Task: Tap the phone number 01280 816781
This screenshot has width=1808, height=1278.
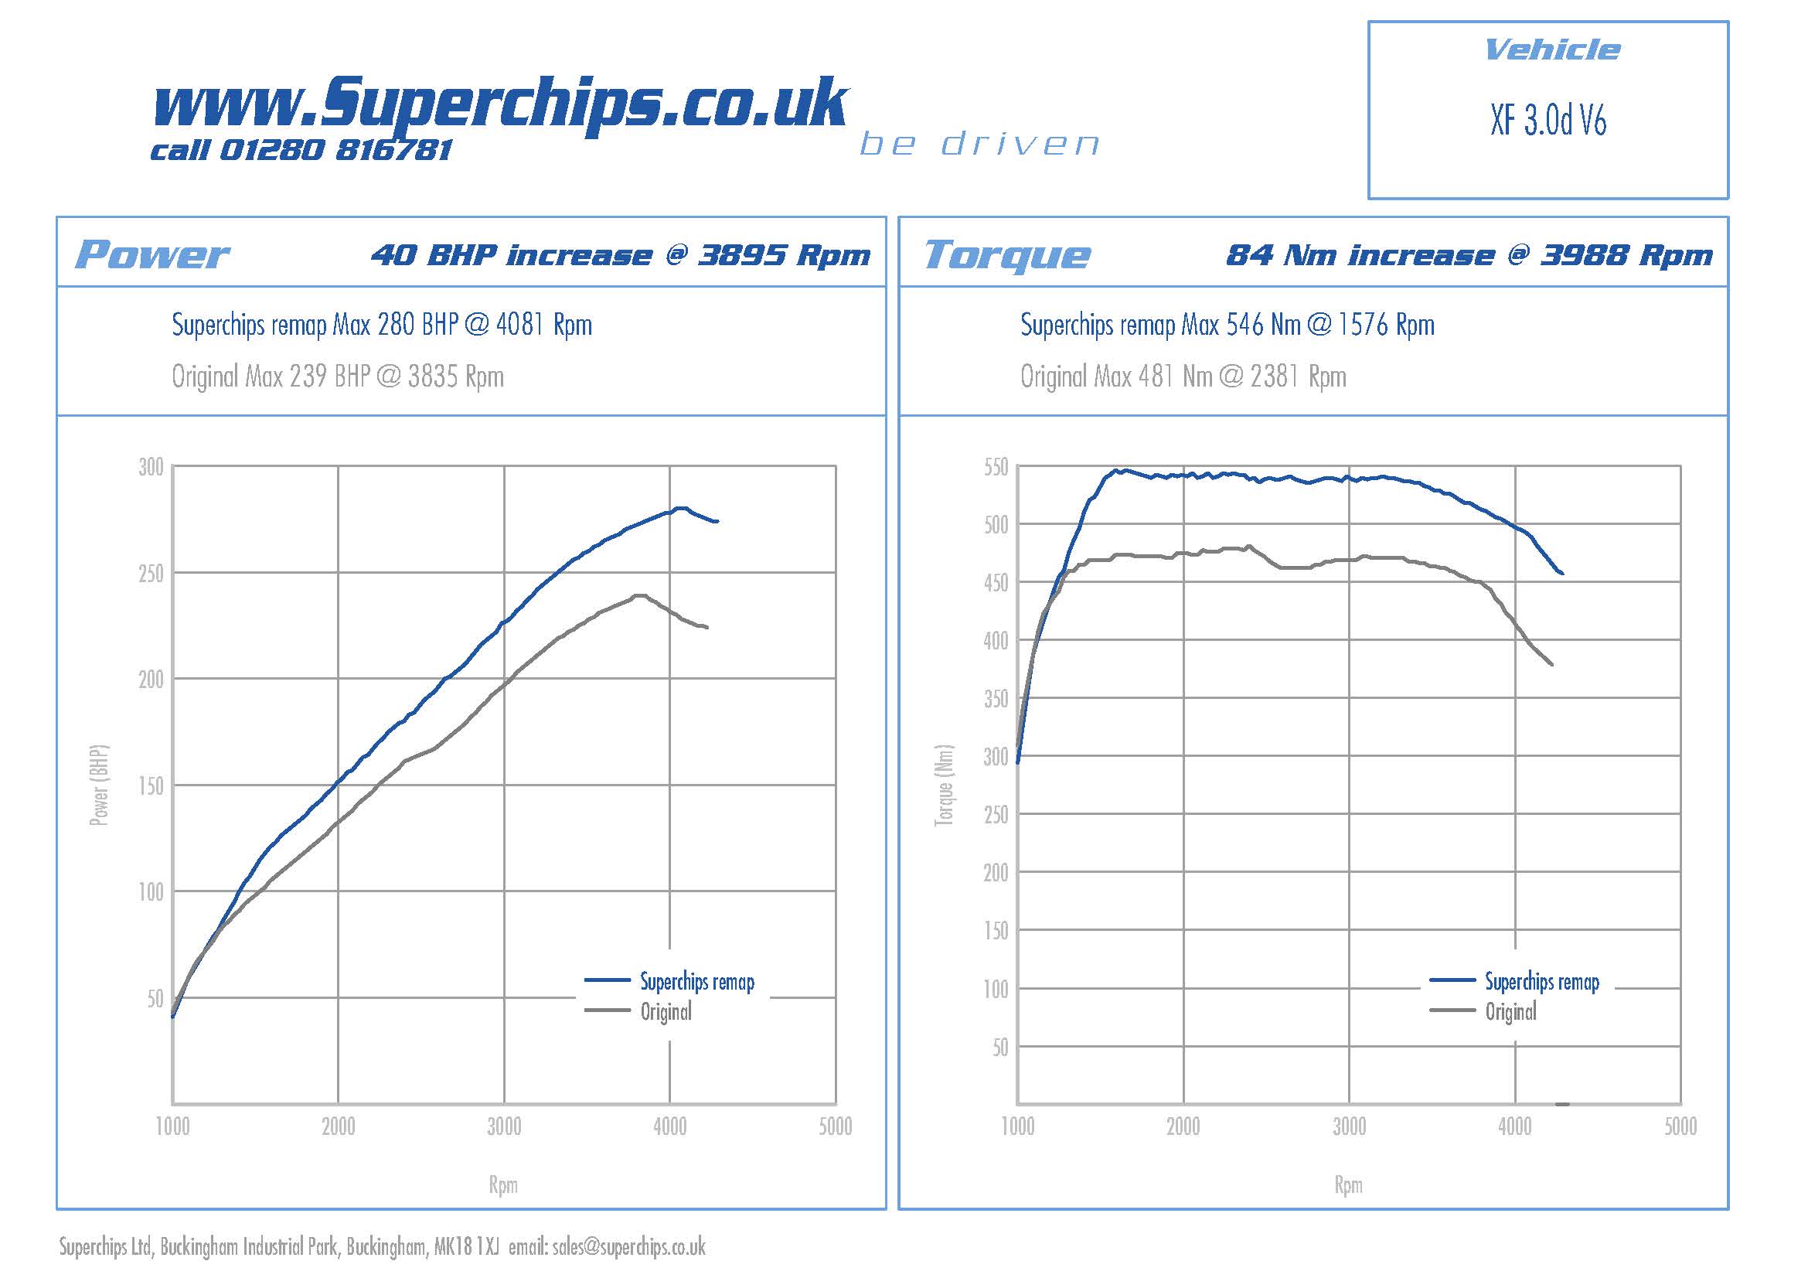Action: click(335, 150)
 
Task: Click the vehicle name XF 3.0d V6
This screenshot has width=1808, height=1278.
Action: click(1548, 121)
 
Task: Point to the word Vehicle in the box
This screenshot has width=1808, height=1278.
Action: click(1551, 50)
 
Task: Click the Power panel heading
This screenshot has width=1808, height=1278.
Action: click(152, 254)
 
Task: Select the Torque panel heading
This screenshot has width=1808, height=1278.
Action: click(1007, 255)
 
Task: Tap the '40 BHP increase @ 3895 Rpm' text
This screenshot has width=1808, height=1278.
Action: click(621, 255)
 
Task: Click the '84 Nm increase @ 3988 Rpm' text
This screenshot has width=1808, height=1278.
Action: click(1469, 255)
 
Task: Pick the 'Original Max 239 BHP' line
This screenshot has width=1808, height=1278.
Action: click(338, 377)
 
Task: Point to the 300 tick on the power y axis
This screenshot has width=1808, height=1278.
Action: click(151, 467)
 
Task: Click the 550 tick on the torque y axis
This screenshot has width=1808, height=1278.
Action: click(996, 468)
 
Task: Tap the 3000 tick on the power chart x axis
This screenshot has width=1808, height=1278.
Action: click(504, 1126)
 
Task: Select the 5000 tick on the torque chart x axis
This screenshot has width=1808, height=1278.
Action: click(1680, 1126)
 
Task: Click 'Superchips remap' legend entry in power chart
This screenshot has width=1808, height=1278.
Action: click(696, 982)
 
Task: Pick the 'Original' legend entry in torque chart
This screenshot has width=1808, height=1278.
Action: click(1510, 1012)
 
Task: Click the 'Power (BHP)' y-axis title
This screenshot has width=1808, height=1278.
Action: click(99, 785)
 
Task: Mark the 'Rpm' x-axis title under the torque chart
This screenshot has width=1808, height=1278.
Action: click(1348, 1185)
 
